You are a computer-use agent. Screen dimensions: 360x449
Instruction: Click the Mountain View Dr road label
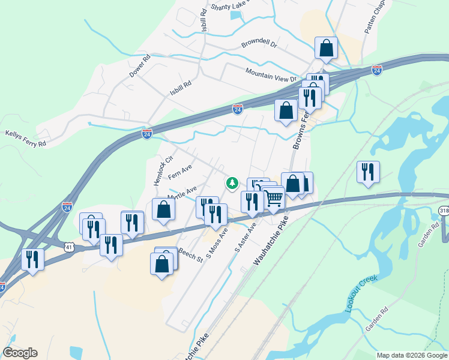click(271, 74)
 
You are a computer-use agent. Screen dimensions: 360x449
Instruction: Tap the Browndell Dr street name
click(259, 44)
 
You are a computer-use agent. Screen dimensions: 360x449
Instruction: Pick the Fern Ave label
click(179, 174)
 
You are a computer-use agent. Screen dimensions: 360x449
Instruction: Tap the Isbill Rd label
click(179, 88)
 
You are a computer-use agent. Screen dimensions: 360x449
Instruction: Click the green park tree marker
click(232, 183)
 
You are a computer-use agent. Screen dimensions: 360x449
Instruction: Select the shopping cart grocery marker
click(274, 197)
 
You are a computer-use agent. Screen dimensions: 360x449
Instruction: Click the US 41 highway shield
click(69, 246)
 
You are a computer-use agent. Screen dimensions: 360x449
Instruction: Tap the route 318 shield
click(444, 211)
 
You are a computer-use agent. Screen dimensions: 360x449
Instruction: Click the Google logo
click(20, 352)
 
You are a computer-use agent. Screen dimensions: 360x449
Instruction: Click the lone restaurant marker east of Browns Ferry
click(367, 172)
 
